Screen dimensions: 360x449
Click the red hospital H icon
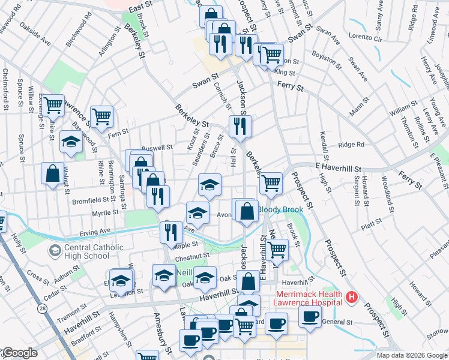(352, 296)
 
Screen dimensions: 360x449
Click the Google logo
(19, 353)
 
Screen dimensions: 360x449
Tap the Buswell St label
(157, 147)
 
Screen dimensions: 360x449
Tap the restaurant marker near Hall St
(240, 126)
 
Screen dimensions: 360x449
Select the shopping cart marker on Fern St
(102, 115)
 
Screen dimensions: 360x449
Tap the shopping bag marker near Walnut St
(52, 173)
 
